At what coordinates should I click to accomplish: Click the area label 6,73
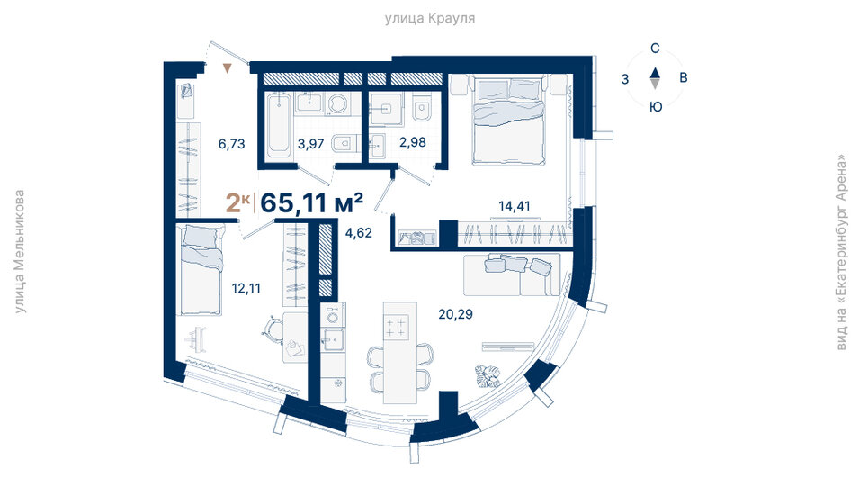(231, 144)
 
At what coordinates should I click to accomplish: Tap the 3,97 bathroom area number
(310, 144)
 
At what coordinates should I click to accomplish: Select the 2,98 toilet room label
(413, 142)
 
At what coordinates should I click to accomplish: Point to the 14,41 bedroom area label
(514, 206)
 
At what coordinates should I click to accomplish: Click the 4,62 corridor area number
(358, 233)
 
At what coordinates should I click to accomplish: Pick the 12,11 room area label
(246, 288)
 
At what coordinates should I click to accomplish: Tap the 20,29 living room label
(455, 314)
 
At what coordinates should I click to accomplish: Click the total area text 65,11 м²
(311, 202)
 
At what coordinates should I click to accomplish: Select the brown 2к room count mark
(237, 202)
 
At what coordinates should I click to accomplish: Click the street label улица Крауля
(430, 19)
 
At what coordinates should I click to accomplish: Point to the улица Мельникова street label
(19, 252)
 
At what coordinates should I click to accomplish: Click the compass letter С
(655, 49)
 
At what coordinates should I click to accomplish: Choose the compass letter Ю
(655, 107)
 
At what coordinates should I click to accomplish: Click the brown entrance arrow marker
(228, 68)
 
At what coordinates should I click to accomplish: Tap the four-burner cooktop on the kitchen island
(396, 327)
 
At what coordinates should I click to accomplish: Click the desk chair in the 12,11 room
(272, 327)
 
